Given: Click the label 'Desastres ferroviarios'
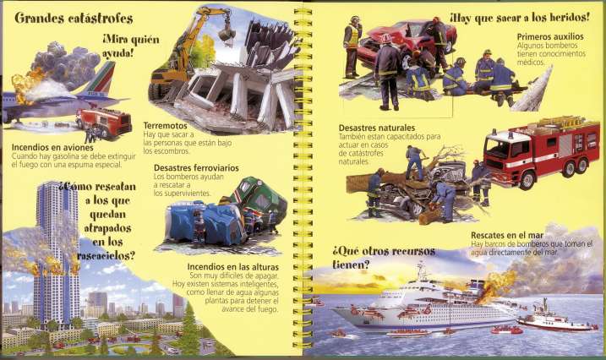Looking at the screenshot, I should click(196, 167).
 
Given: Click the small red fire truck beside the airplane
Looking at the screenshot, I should click(105, 121).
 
